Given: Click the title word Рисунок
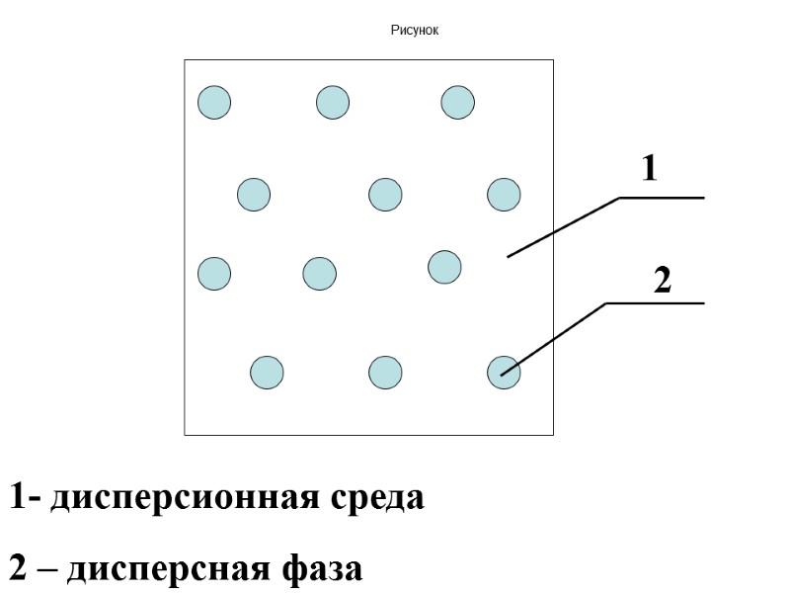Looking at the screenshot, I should [414, 31].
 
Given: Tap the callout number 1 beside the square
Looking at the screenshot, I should [649, 170].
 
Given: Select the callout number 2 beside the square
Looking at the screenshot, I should [663, 282].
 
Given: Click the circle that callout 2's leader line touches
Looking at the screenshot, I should [504, 373].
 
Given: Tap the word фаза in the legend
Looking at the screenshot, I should [323, 569].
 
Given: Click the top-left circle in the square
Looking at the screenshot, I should [214, 102].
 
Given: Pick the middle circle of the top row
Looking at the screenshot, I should [333, 102].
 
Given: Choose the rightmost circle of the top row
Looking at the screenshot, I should [458, 102].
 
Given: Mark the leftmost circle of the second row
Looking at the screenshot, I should [254, 194].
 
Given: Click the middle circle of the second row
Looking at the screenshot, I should [385, 194].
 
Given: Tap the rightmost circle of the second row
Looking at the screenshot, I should [504, 194].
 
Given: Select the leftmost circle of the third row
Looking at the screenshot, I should [214, 273].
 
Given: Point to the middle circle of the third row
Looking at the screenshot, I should [319, 273].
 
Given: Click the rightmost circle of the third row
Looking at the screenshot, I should [445, 266].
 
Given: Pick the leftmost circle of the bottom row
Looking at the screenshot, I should [267, 373].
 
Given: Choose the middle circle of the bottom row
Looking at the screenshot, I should [385, 373].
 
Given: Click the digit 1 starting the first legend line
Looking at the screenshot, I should [18, 497].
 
